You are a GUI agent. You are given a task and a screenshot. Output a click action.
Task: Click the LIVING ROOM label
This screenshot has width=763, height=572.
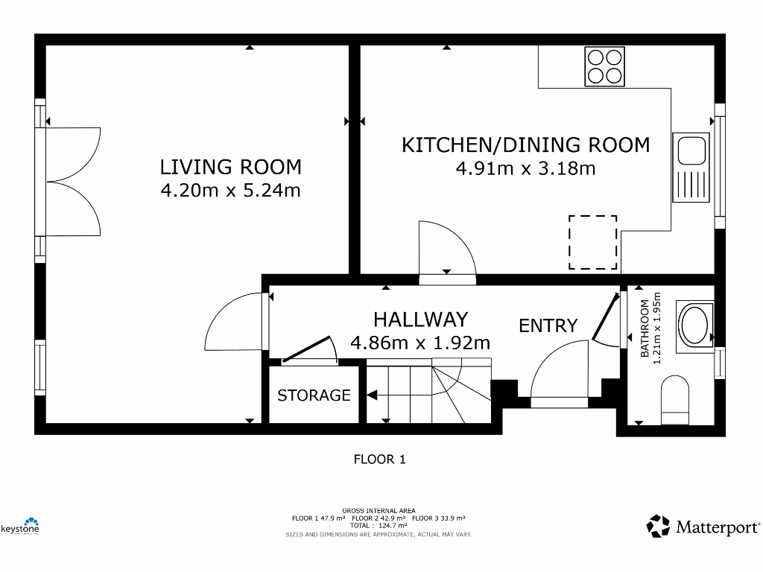[231, 166]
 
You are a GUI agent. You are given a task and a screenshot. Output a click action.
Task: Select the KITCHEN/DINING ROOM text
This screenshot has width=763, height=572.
[525, 144]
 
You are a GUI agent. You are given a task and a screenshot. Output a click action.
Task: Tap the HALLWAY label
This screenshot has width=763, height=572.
[420, 320]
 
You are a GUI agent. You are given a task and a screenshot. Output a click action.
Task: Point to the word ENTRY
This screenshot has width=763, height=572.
[548, 325]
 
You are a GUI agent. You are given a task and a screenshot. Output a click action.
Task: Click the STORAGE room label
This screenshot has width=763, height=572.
[314, 395]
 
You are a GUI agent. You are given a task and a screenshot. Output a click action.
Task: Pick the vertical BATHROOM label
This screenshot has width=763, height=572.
[645, 329]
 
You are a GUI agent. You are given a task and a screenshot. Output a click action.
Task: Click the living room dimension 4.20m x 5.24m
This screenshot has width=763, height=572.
[231, 191]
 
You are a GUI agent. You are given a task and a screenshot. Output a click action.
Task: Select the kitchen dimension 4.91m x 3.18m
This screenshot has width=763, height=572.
[525, 168]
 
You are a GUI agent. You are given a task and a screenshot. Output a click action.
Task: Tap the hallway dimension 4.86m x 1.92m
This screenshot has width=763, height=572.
[420, 343]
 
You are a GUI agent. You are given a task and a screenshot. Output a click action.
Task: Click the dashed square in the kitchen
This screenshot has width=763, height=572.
[593, 243]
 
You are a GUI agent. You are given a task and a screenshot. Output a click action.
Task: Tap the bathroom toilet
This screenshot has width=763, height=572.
[676, 395]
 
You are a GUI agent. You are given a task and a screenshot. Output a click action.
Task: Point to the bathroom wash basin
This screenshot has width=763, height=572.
[694, 326]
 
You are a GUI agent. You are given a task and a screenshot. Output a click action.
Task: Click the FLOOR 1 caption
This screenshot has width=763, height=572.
[379, 460]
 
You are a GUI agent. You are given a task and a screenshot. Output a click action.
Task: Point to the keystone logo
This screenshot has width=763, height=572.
[20, 527]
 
